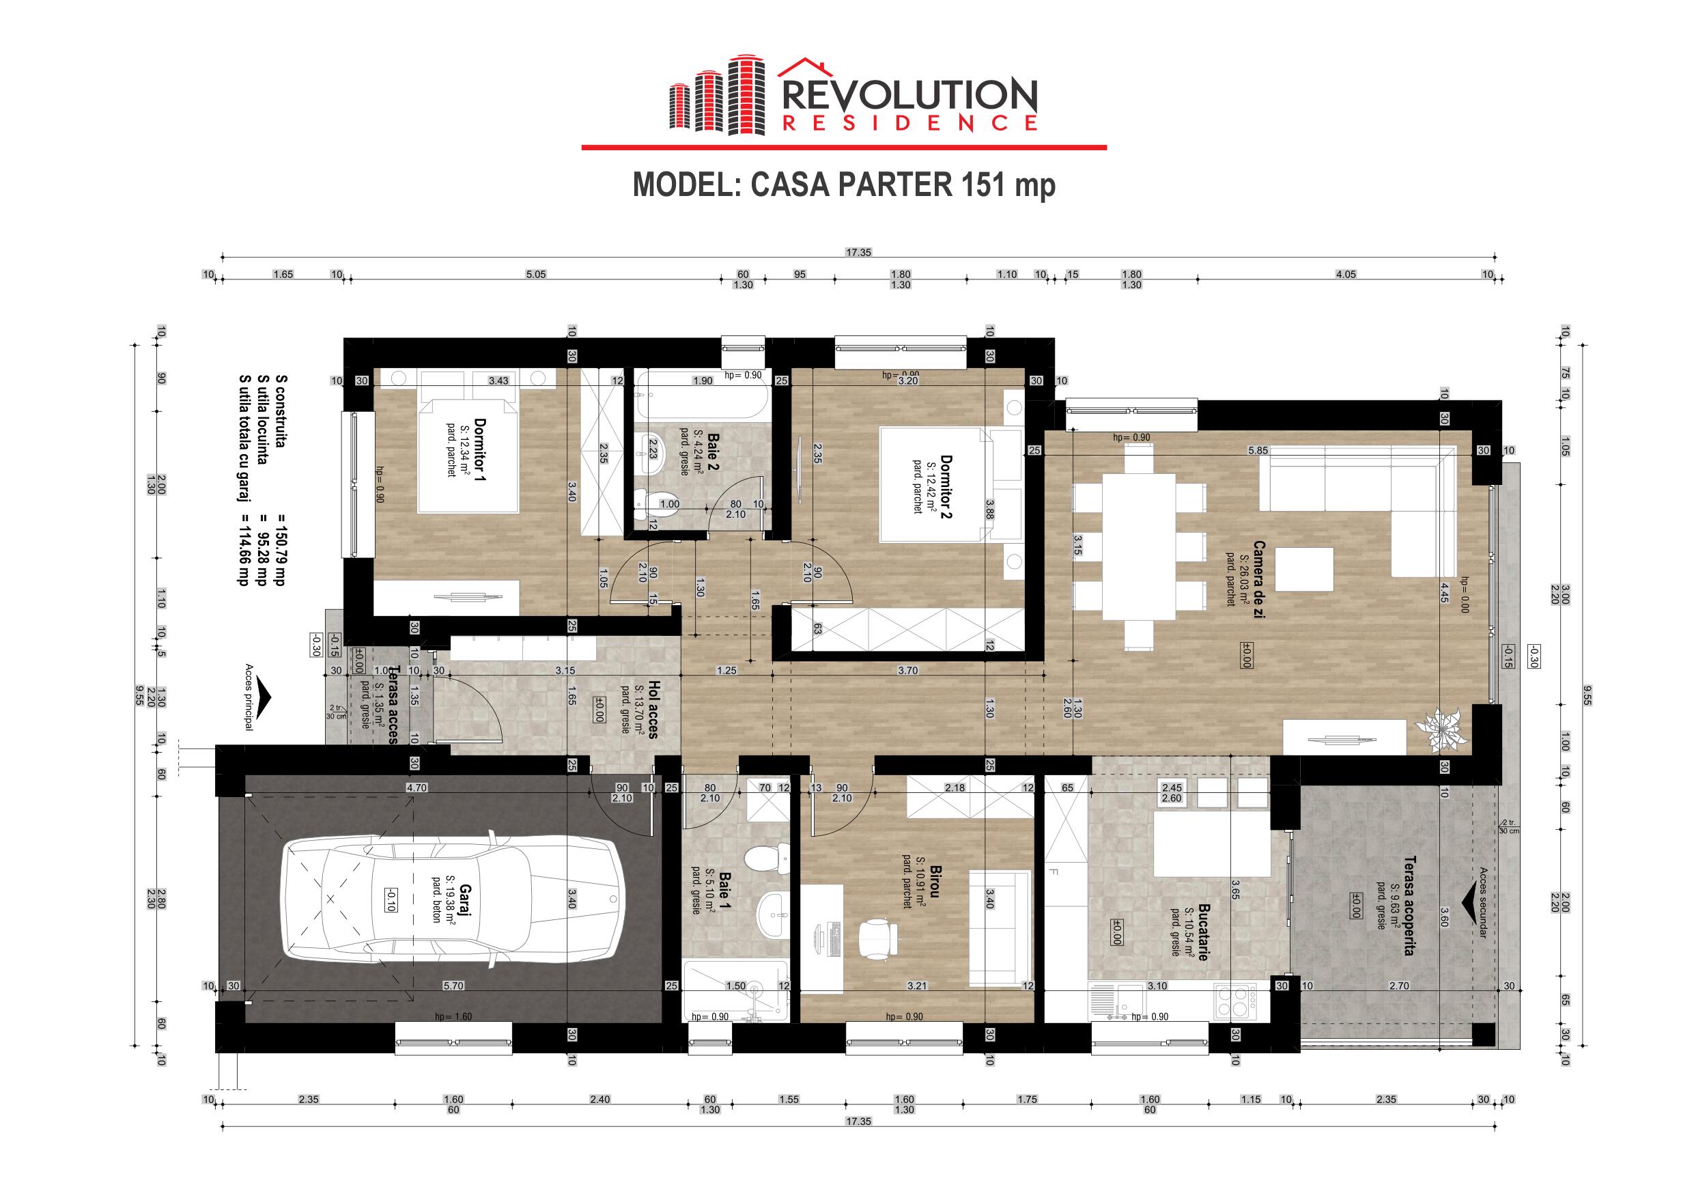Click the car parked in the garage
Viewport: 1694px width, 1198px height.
point(451,897)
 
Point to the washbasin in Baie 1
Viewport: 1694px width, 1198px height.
point(772,915)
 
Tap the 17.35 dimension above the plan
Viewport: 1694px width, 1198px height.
point(859,253)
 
